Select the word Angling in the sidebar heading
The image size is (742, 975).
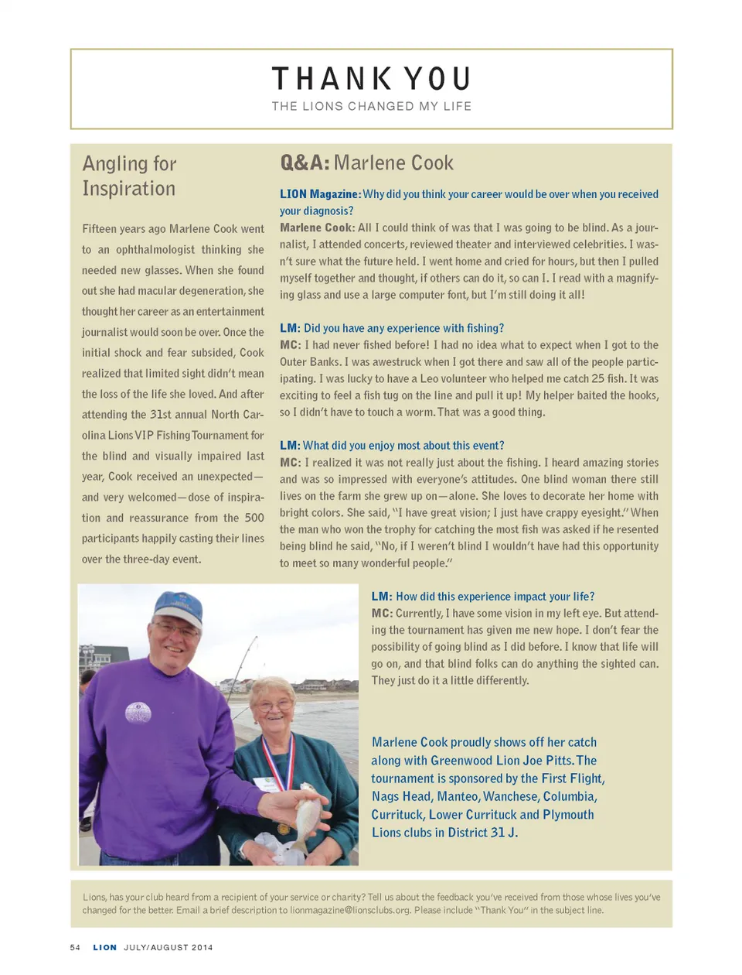114,164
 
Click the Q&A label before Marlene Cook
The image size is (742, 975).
305,162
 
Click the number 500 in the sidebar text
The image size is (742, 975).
254,518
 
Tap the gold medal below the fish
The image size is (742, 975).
284,829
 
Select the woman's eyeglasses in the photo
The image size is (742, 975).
275,705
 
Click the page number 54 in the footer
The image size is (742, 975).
75,947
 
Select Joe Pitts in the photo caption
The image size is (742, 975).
550,761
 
